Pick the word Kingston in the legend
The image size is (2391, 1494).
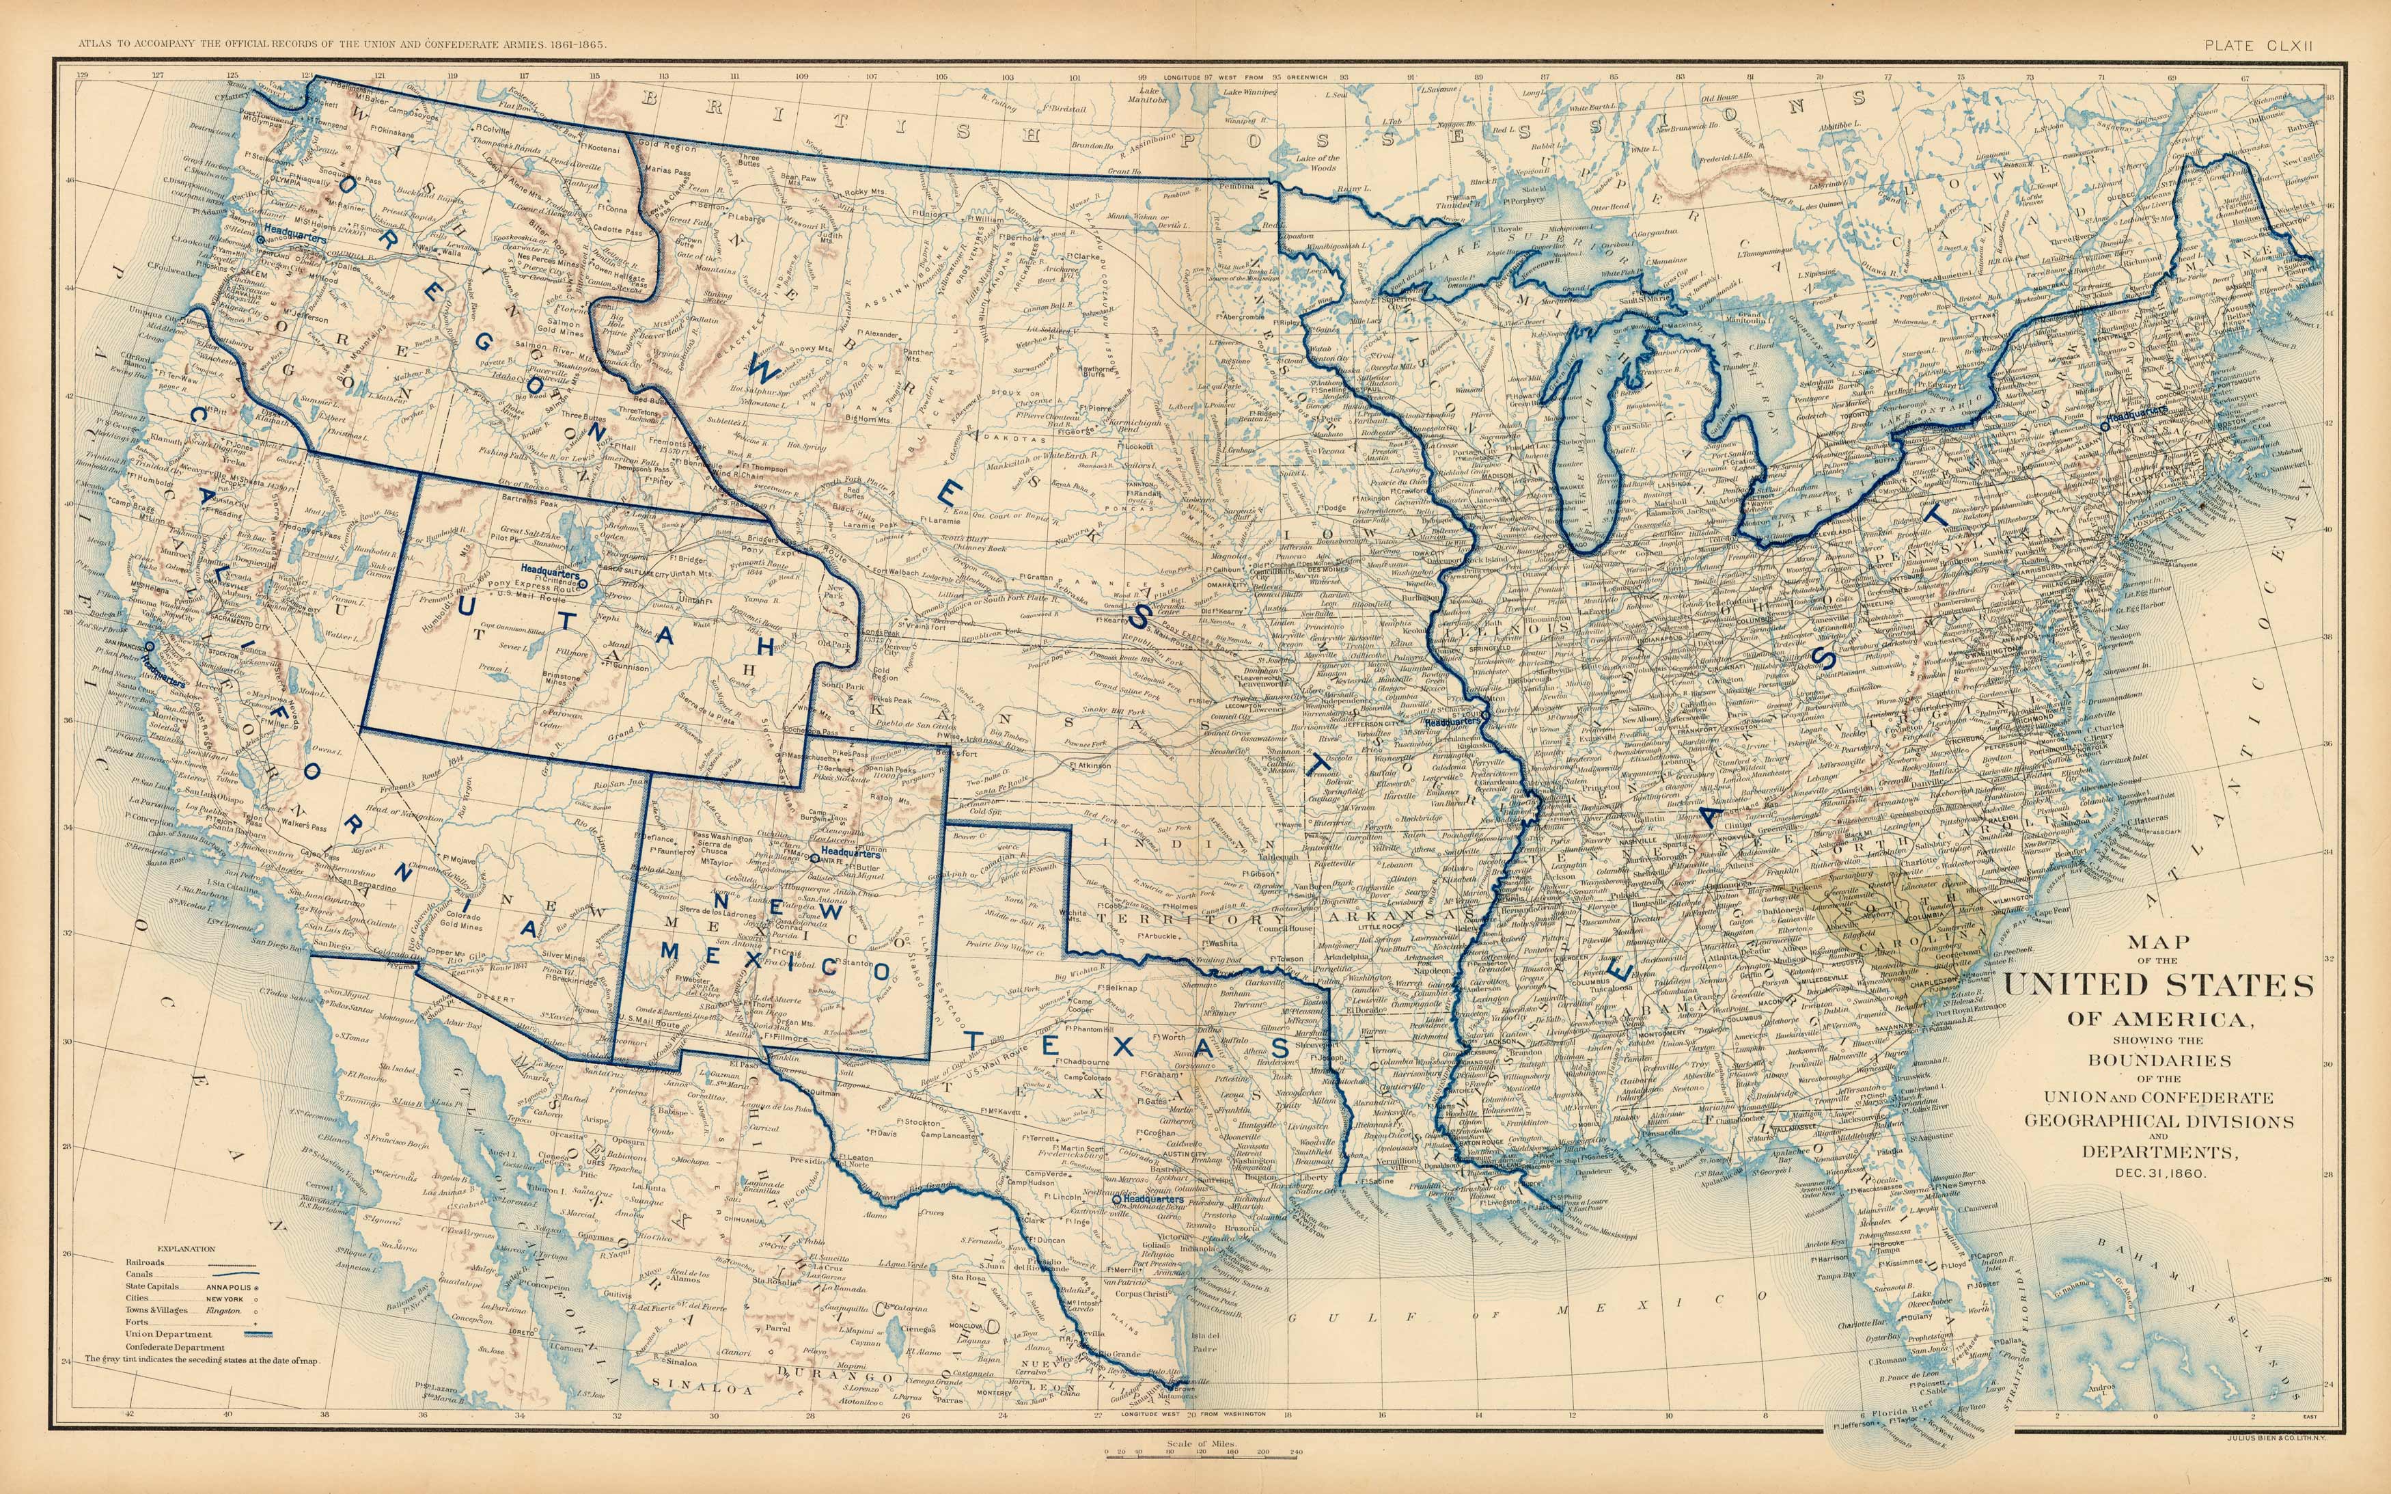224,1310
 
